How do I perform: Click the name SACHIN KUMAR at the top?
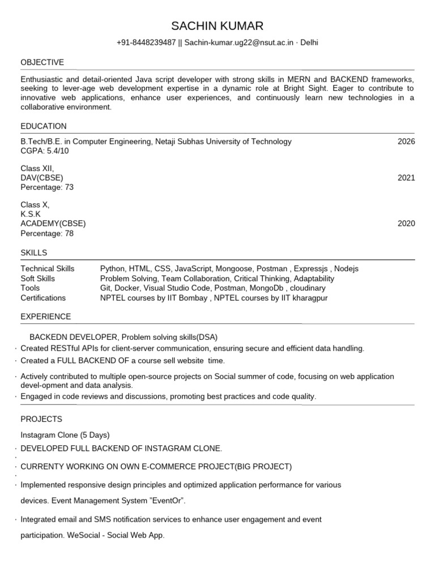tap(217, 26)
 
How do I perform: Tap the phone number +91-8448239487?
tap(146, 43)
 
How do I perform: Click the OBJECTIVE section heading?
tap(42, 62)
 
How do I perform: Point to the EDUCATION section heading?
tap(44, 126)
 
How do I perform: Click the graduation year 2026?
tap(406, 142)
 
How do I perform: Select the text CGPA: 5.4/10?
tap(45, 151)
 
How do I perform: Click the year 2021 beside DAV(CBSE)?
tap(406, 178)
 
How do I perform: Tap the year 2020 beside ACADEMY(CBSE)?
tap(406, 224)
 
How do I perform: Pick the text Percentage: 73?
tap(47, 187)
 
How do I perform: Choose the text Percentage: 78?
tap(47, 233)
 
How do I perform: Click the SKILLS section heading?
tap(34, 253)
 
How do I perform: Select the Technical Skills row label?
tap(48, 268)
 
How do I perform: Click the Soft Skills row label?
tap(38, 279)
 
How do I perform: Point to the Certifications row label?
tap(43, 298)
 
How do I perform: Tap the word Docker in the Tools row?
tap(127, 288)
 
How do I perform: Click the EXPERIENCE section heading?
tap(46, 317)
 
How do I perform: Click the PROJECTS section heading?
tap(41, 419)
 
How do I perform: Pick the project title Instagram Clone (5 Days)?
tap(65, 435)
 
